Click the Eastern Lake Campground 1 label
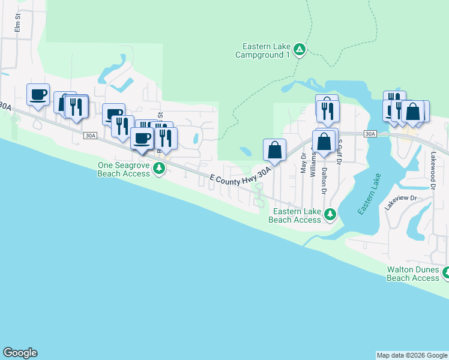pyautogui.click(x=266, y=50)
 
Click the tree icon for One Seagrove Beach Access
pyautogui.click(x=159, y=169)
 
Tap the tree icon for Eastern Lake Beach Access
pyautogui.click(x=329, y=214)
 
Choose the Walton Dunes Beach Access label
pyautogui.click(x=412, y=274)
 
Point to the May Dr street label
pyautogui.click(x=303, y=163)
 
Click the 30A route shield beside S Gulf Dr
pyautogui.click(x=370, y=134)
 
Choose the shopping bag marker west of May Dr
pyautogui.click(x=274, y=151)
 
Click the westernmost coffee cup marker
pyautogui.click(x=38, y=95)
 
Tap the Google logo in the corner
pyautogui.click(x=20, y=353)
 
